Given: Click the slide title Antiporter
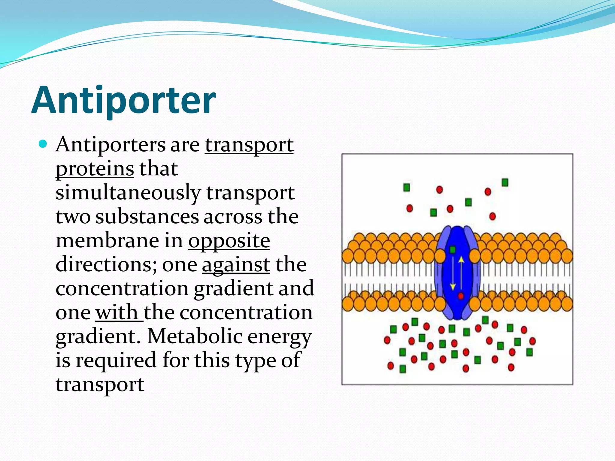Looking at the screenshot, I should point(123,100).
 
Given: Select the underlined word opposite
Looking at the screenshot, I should point(229,241).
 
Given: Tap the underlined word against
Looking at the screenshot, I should point(236,265).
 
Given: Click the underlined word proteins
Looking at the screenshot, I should point(95,169).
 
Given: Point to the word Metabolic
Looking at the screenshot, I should point(195,336).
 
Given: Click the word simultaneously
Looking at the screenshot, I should point(128,193).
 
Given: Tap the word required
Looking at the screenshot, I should point(116,360).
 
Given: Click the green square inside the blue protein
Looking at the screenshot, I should point(452,250).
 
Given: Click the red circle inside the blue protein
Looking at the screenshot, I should point(461,296).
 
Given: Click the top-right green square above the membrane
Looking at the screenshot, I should point(505,182).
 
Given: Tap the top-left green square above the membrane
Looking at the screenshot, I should point(407,188).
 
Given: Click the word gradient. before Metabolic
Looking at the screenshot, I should point(98,336).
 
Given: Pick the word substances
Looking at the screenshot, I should point(147,217).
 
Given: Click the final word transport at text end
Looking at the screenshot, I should point(100,384).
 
